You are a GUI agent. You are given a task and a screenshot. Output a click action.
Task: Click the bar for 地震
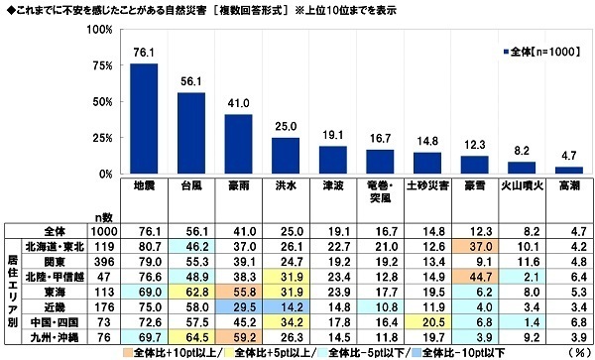click(145, 119)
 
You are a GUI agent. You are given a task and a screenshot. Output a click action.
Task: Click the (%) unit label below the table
click(577, 353)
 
